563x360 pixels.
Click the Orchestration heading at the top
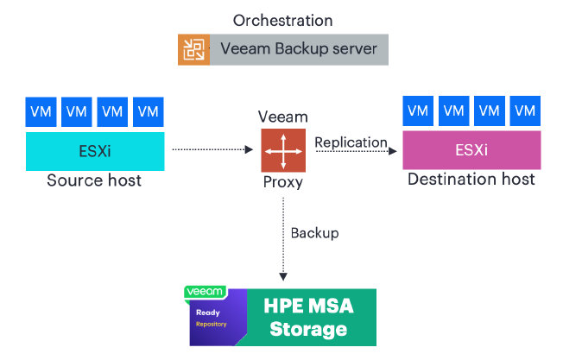282,20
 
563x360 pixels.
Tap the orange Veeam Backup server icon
193,49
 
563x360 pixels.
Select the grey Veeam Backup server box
299,49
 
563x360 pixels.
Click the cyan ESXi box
94,151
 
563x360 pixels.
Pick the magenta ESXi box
471,151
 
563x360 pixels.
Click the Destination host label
471,180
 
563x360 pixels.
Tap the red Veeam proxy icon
282,151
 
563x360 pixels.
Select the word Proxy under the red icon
282,183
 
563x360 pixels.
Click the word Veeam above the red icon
282,117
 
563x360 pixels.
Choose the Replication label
351,142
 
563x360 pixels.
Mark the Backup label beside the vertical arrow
314,233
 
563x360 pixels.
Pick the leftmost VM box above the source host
40,111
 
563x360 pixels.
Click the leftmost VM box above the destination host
418,111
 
